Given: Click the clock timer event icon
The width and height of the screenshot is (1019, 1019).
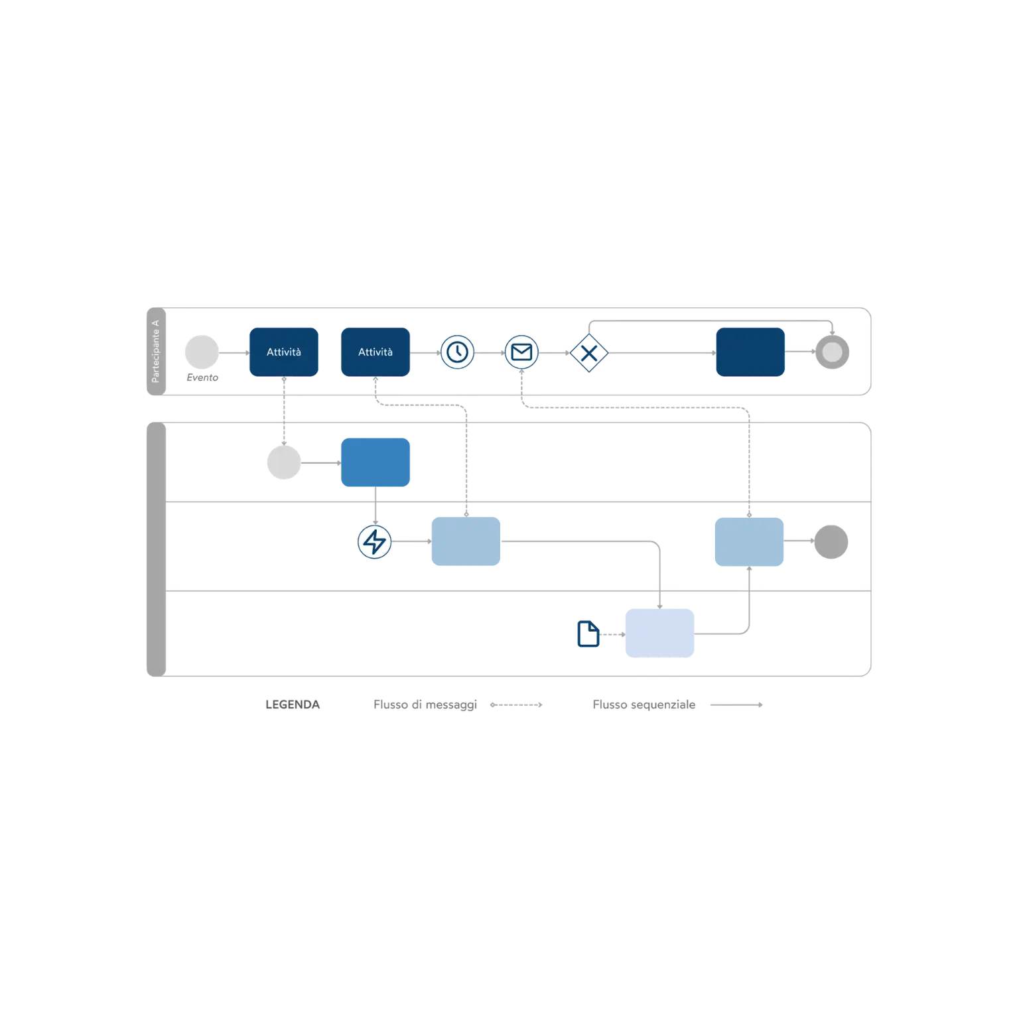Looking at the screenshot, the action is point(457,352).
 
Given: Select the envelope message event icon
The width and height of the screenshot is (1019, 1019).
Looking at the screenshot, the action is point(521,352).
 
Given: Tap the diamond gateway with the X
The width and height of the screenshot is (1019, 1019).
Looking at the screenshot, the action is point(589,353).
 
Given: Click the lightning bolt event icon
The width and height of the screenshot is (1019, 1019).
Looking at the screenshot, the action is point(375,542).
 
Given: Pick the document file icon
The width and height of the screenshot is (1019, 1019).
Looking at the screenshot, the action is point(588,634).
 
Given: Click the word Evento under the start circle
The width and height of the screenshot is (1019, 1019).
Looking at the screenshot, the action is point(202,377).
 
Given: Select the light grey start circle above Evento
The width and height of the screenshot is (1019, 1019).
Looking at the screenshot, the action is point(202,352).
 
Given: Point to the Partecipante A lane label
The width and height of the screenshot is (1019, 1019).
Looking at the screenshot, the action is point(156,352).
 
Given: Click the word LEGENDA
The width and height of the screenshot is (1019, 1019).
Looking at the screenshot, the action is point(293,705).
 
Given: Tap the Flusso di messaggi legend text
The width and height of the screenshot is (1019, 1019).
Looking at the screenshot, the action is point(425,705).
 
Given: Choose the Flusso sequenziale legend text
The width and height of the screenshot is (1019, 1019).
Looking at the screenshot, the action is point(644,705).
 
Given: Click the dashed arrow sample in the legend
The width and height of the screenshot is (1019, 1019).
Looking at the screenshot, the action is point(516,705).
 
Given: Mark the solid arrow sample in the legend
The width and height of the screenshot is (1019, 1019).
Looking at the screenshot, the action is point(736,705).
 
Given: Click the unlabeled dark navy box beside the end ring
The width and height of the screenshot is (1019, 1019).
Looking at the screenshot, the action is point(750,352).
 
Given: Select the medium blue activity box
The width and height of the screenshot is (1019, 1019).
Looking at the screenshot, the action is point(375,462).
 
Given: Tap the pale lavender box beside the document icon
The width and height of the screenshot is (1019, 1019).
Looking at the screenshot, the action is point(660,634).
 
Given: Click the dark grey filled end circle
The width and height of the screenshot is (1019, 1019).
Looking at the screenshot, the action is point(831,542).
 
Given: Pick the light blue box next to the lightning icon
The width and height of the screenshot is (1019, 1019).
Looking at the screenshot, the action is point(466,541).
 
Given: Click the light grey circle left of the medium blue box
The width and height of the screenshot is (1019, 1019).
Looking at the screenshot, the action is point(284,462).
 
